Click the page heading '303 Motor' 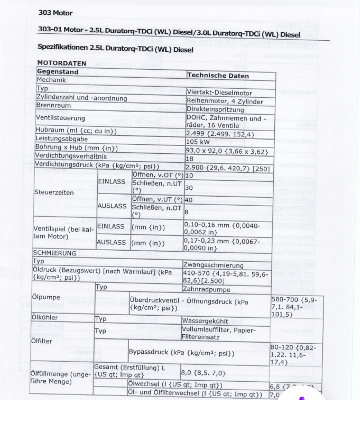point(55,12)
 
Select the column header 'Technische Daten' point(218,76)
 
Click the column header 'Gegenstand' point(58,71)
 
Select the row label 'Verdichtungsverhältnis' point(71,156)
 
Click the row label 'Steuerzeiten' point(54,192)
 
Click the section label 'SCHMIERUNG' point(55,253)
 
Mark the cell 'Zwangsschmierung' point(213,265)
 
